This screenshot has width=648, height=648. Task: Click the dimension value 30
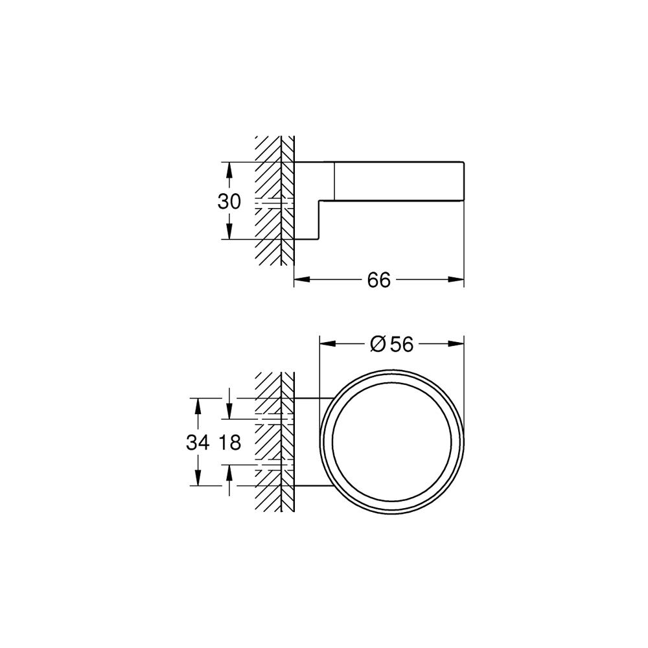[x=229, y=202]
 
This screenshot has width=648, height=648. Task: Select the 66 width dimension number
[x=379, y=280]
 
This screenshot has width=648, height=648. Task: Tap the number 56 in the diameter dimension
[x=401, y=345]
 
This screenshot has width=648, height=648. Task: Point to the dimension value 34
[x=198, y=443]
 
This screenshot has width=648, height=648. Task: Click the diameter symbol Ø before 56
[x=378, y=345]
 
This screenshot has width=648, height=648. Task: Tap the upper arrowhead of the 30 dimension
[x=229, y=168]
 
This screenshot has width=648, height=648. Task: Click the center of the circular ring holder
[x=392, y=443]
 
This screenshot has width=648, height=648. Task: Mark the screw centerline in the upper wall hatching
[x=275, y=203]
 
